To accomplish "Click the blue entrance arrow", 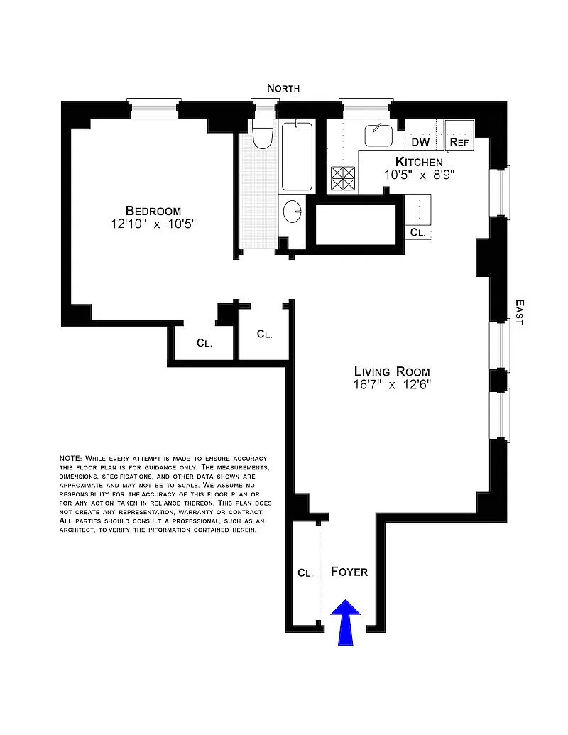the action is click(x=345, y=623).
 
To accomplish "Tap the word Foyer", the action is click(x=349, y=572).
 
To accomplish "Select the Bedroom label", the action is click(x=153, y=211).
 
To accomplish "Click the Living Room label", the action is click(x=392, y=371).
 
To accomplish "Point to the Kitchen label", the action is click(x=419, y=162).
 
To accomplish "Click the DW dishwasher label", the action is click(x=420, y=142).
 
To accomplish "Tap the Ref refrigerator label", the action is click(x=459, y=142).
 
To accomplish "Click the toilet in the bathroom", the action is click(x=263, y=134).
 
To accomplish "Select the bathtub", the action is click(x=297, y=156).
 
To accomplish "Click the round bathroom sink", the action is click(x=293, y=212).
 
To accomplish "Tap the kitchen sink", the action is click(x=378, y=135).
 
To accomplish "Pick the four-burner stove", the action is click(x=343, y=178).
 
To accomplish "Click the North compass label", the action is click(x=283, y=88).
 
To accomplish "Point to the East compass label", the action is click(x=519, y=312).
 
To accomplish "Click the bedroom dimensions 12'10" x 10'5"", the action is click(x=153, y=224).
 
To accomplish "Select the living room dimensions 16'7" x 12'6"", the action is click(x=392, y=384).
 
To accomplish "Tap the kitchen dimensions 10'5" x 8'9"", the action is click(x=420, y=175).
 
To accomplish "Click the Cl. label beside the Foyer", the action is click(x=305, y=573).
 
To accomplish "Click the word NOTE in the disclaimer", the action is click(x=70, y=458).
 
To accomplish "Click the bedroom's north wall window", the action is click(x=155, y=109).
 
